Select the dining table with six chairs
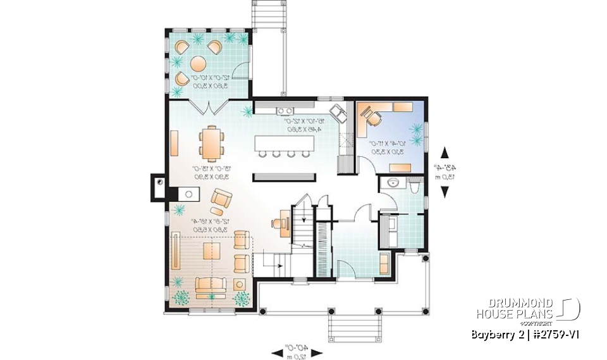(211, 142)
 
